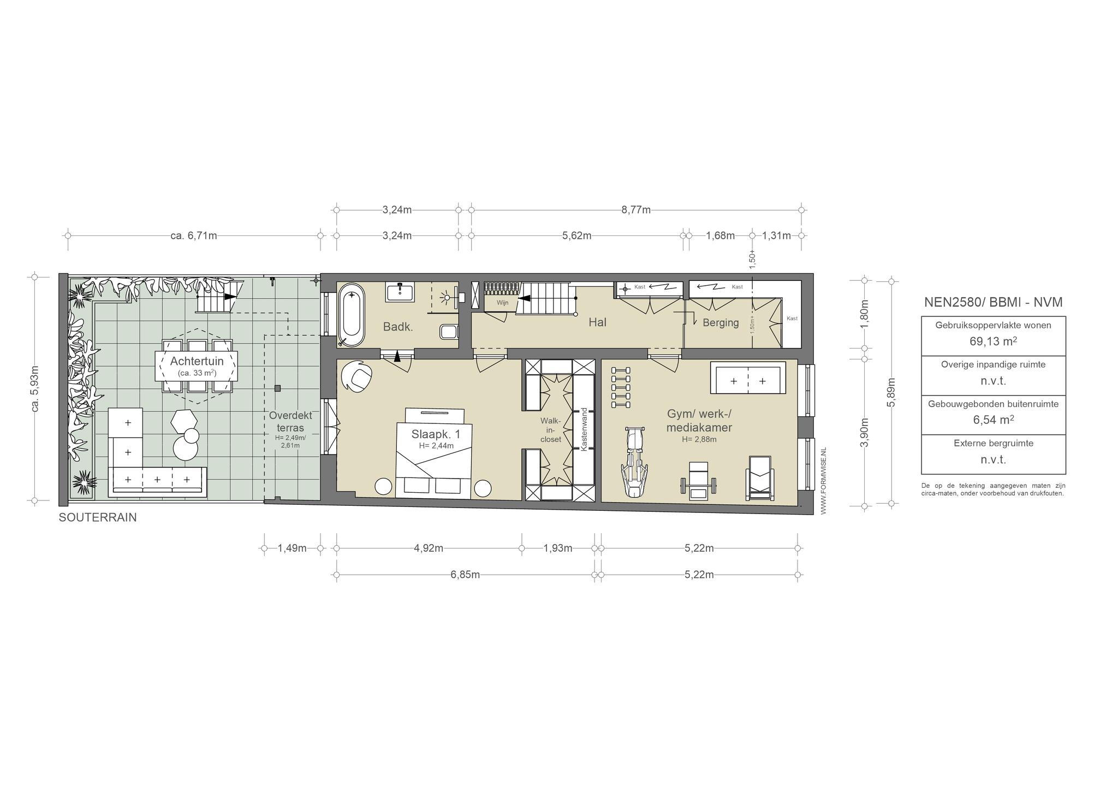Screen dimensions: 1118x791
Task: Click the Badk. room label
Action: coord(398,327)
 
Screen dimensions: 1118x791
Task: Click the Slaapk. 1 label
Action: coord(436,434)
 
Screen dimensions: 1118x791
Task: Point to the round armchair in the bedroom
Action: coord(357,376)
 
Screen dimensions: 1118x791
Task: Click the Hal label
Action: coord(597,322)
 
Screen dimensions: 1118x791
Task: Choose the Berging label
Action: coord(721,323)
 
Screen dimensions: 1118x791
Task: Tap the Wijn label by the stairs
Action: coord(502,302)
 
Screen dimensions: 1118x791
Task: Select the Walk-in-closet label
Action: coord(550,430)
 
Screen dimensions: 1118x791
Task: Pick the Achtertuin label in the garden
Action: coord(197,361)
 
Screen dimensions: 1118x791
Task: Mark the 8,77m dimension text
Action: coord(636,210)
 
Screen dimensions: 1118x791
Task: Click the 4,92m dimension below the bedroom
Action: coord(428,548)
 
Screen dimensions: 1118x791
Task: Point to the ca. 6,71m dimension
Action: coord(194,236)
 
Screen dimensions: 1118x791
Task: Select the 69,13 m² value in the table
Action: coord(993,341)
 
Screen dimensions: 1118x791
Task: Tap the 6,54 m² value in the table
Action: coord(993,420)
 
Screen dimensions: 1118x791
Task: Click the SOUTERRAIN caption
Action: coord(98,518)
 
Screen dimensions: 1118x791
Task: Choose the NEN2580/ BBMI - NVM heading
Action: coord(993,302)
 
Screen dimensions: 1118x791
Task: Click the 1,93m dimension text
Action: coord(557,548)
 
